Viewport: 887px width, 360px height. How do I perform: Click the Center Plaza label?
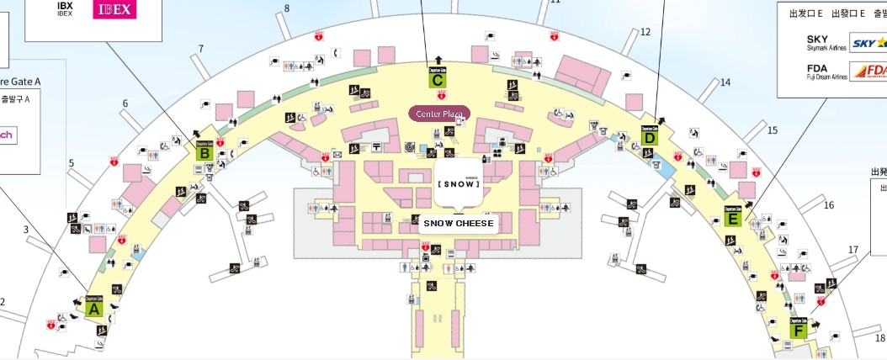[x=439, y=113]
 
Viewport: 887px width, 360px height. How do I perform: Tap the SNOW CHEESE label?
[x=458, y=224]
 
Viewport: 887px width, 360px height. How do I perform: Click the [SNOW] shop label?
[x=459, y=183]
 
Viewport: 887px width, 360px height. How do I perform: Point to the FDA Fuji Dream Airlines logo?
[x=868, y=71]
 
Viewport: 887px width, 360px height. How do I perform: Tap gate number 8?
[x=286, y=8]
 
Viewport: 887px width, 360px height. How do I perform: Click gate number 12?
[x=645, y=32]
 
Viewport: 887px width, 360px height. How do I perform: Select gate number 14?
[x=725, y=82]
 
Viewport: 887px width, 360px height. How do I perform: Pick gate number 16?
[x=828, y=205]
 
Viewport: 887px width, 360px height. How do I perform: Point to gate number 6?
[x=125, y=103]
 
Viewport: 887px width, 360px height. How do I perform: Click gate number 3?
[x=26, y=230]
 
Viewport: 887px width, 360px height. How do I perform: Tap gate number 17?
[x=853, y=250]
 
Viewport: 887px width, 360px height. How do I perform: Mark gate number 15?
[x=773, y=130]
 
